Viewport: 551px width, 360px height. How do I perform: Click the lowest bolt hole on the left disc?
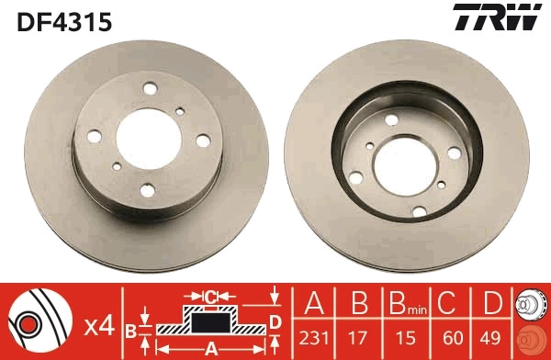pos(149,192)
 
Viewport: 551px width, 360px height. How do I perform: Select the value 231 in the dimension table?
pos(313,337)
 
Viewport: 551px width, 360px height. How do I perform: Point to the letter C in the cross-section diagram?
pos(209,296)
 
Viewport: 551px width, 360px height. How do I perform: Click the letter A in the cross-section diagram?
pos(209,348)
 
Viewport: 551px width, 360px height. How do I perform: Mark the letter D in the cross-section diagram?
pos(275,321)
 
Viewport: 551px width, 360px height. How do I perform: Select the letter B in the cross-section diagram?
pos(131,331)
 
